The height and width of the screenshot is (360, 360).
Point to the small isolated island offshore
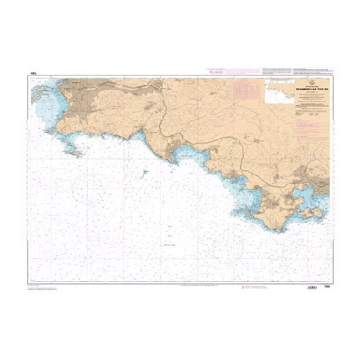[147, 170]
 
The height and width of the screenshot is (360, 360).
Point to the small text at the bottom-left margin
[40, 287]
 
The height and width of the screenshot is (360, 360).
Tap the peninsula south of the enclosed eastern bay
[311, 213]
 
